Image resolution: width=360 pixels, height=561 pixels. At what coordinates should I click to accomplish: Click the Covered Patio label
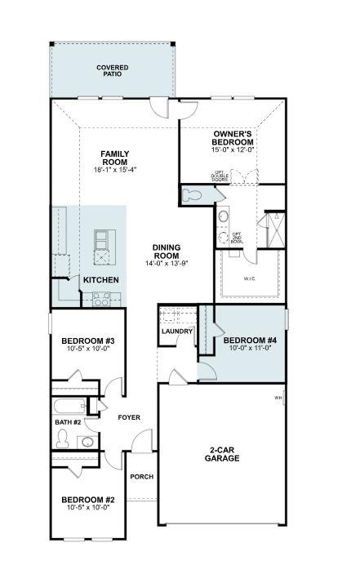tap(112, 70)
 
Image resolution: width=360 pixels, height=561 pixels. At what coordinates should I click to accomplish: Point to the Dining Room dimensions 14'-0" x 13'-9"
tap(166, 263)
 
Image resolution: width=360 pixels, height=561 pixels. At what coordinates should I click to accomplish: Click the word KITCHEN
tap(101, 280)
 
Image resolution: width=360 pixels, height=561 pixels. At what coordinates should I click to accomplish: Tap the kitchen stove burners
tap(102, 301)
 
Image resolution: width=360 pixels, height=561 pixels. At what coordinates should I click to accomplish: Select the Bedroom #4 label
tap(245, 340)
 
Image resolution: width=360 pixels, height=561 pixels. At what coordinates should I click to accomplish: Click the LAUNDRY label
tap(177, 332)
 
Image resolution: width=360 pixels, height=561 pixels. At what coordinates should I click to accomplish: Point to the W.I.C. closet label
tap(250, 278)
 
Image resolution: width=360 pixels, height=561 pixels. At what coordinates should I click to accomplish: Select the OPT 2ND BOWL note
tap(237, 238)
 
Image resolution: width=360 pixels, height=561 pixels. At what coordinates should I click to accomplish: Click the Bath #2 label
tap(68, 422)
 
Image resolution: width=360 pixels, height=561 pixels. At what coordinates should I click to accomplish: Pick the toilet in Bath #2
tap(62, 439)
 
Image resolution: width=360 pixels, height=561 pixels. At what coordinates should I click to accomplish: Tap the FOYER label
tap(129, 417)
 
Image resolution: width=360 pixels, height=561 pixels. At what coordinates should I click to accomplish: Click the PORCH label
tap(142, 477)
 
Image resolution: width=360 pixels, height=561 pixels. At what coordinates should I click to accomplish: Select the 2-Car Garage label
tap(222, 454)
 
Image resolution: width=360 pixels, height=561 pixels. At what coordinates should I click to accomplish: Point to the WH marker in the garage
tap(278, 398)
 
